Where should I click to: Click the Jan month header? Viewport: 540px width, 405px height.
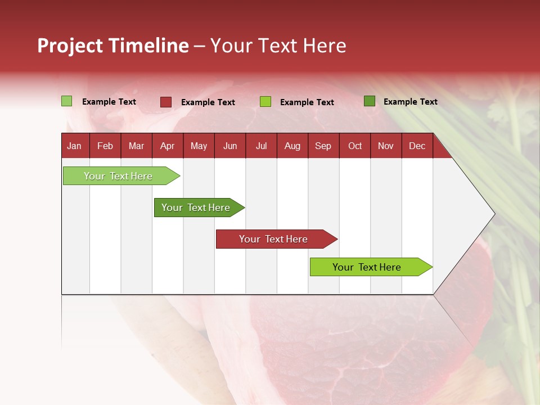(x=75, y=146)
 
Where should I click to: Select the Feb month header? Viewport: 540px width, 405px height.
(x=105, y=146)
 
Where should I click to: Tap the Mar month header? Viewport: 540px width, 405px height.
(x=136, y=146)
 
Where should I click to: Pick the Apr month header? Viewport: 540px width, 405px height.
(x=168, y=146)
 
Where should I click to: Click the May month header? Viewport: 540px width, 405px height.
(x=199, y=146)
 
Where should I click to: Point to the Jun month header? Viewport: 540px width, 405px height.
(x=230, y=146)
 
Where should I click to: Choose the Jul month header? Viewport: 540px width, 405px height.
(x=261, y=146)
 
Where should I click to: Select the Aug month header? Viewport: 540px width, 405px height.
(x=292, y=146)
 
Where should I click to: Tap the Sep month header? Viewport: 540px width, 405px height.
(x=323, y=146)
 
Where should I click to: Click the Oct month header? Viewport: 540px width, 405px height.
(x=355, y=146)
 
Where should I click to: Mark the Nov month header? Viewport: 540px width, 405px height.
(x=386, y=146)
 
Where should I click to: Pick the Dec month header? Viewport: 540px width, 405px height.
(x=417, y=146)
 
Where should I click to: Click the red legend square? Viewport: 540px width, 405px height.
(x=166, y=102)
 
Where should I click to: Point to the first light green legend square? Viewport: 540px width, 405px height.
(x=67, y=101)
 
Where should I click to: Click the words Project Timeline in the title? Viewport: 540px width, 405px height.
(x=113, y=46)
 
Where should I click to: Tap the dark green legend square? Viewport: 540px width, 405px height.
(x=370, y=101)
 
